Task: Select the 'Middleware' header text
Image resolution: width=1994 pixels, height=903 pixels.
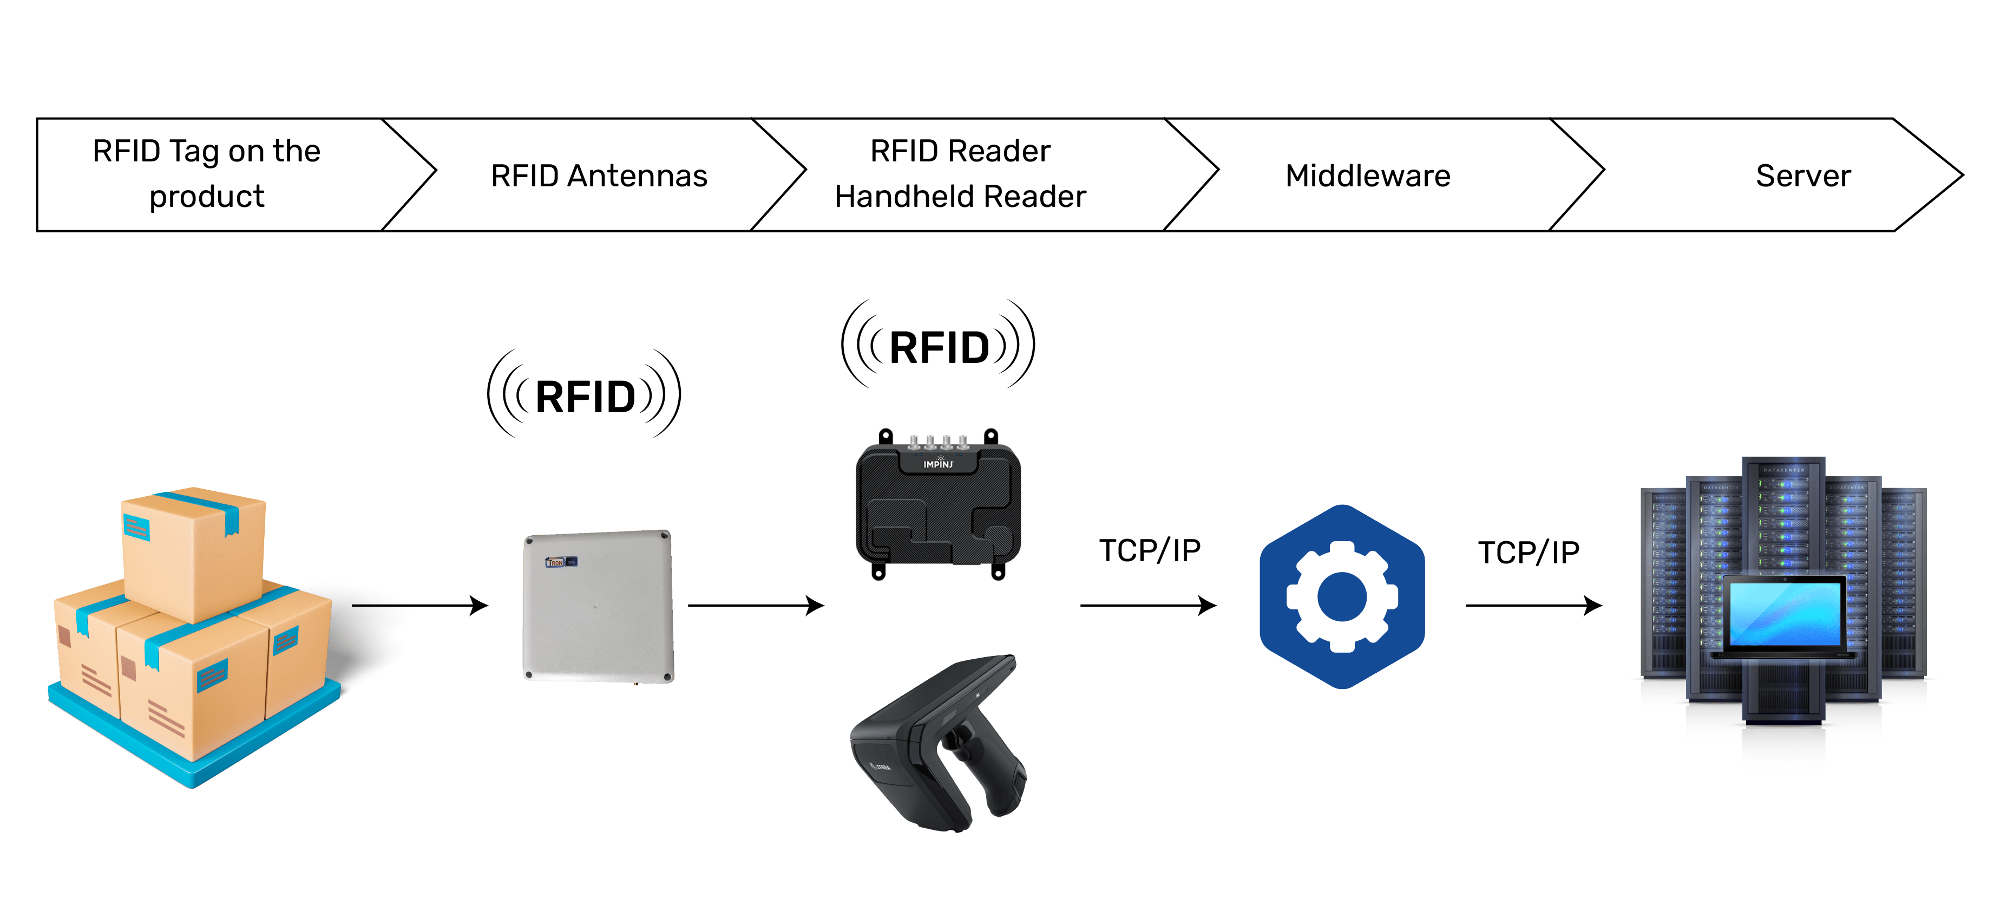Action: (x=1367, y=176)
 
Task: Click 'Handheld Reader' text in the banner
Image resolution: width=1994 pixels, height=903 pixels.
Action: (x=960, y=197)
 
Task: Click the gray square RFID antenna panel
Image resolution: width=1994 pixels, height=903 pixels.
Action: (x=598, y=606)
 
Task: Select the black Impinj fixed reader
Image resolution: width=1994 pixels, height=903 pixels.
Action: (x=937, y=507)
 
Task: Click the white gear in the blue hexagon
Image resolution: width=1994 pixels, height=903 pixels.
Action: (x=1341, y=596)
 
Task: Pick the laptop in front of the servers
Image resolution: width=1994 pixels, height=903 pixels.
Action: (x=1784, y=616)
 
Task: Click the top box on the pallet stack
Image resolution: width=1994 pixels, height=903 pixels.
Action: (x=194, y=550)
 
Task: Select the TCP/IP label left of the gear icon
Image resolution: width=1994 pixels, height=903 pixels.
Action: (x=1150, y=550)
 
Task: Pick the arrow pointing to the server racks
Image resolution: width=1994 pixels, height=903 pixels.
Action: (x=1533, y=605)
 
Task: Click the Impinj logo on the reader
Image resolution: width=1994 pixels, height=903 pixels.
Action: (x=938, y=463)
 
